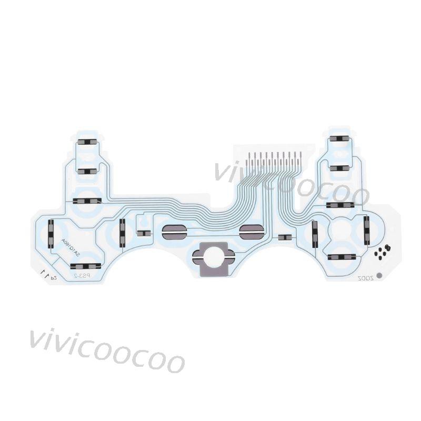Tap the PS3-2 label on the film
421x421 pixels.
(x=82, y=275)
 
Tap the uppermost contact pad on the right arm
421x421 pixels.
(x=339, y=139)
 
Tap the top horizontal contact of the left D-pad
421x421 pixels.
(x=87, y=201)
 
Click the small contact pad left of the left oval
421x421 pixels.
(x=143, y=232)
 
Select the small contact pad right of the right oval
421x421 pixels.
(x=284, y=238)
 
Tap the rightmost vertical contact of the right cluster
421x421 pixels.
(x=367, y=230)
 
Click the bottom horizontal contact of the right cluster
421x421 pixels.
(x=339, y=257)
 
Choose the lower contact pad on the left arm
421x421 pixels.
(x=87, y=172)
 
